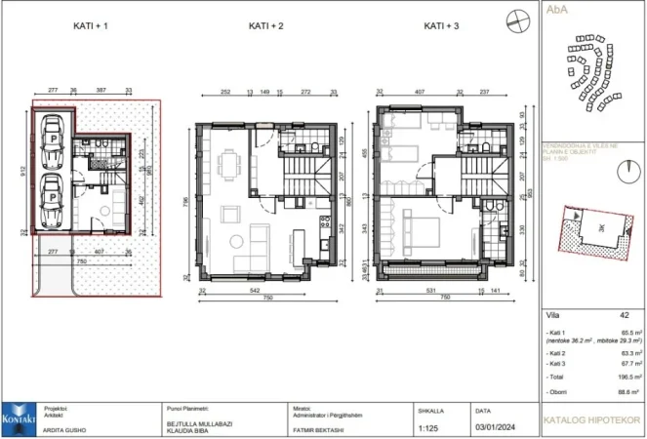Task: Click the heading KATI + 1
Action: [90, 26]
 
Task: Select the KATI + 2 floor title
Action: [265, 26]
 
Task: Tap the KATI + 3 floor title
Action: [442, 26]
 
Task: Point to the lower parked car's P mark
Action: [51, 197]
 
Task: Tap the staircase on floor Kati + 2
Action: [296, 180]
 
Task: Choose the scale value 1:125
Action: [427, 427]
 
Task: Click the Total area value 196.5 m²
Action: [626, 375]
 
